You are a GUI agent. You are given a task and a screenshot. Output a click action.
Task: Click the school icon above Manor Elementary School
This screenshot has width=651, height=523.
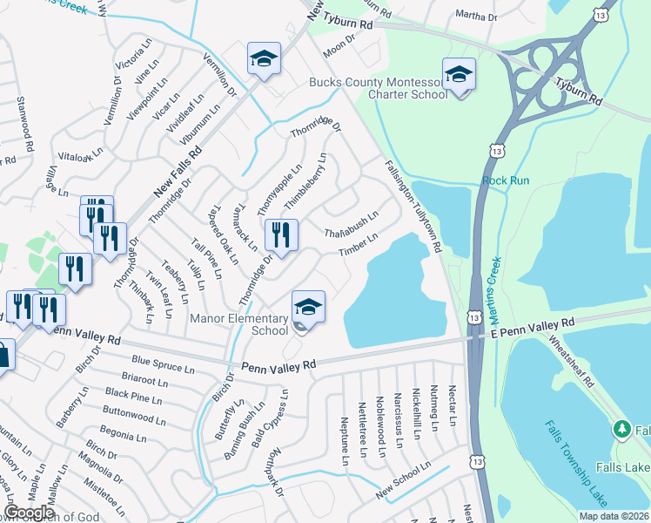(x=307, y=308)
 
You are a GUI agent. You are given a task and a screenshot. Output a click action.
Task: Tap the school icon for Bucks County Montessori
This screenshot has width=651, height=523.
(x=458, y=76)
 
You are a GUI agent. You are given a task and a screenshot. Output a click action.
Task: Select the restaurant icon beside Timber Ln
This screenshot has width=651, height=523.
(x=280, y=234)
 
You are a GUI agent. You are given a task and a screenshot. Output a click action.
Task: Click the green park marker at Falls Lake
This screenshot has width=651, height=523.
(x=621, y=429)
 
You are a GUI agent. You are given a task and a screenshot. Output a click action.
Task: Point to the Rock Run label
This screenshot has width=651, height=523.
(x=506, y=180)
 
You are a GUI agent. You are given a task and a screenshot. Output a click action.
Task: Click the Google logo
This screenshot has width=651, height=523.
(x=29, y=513)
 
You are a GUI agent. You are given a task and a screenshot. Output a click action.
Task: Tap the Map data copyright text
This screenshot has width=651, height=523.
(x=614, y=516)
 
